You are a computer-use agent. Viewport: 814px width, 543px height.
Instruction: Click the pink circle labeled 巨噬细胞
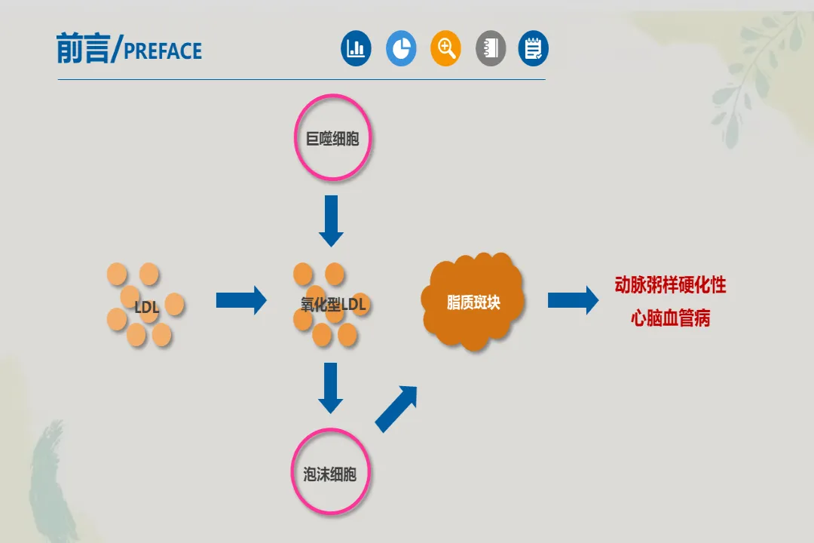click(x=332, y=138)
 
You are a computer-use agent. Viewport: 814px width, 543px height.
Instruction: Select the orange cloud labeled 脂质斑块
click(x=473, y=302)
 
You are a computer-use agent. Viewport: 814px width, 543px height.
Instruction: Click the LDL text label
click(x=146, y=307)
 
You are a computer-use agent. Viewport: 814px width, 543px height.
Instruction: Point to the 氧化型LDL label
click(x=333, y=305)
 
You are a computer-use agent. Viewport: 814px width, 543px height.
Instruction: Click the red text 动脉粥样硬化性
click(x=670, y=285)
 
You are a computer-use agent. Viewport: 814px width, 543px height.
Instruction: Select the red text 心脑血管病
click(x=670, y=318)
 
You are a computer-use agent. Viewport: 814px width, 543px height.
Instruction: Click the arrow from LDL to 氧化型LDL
click(x=241, y=300)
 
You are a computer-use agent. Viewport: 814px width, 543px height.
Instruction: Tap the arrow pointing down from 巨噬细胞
click(x=331, y=220)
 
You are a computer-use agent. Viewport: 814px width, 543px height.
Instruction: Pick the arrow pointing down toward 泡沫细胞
click(x=330, y=388)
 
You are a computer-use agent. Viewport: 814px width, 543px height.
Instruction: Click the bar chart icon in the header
click(x=356, y=49)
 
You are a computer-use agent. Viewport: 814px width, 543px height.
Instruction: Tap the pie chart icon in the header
click(x=401, y=49)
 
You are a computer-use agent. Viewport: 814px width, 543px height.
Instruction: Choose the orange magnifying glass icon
click(x=445, y=49)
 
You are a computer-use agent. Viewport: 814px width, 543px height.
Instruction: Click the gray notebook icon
click(x=491, y=49)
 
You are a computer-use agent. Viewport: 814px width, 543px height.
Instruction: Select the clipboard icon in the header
click(x=534, y=49)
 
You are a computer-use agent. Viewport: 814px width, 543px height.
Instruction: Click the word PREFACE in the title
click(x=162, y=51)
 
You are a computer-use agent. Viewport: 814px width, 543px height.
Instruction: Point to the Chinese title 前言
click(x=82, y=48)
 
